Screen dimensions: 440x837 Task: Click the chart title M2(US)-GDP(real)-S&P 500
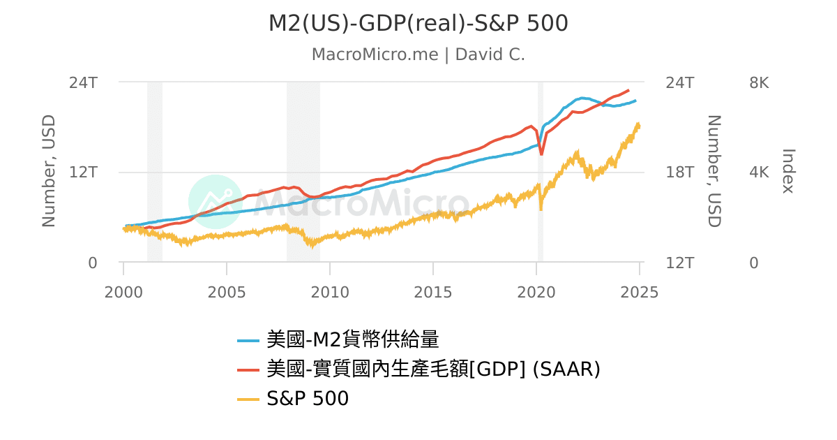pos(418,24)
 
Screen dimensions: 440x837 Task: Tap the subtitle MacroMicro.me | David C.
pos(418,54)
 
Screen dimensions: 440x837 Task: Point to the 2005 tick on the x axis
pos(227,291)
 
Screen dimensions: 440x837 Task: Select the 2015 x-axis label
pos(433,291)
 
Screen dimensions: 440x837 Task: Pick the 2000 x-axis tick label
pos(123,291)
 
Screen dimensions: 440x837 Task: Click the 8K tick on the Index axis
pos(758,82)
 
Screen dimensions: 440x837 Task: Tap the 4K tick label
pos(758,173)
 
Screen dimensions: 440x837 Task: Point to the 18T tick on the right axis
pos(680,173)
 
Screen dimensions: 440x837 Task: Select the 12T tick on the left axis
pos(83,173)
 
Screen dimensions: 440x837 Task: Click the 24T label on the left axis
pos(83,82)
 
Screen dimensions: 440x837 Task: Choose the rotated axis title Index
pos(788,171)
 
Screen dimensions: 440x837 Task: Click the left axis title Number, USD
pos(49,171)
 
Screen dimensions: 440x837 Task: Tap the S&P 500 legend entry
pos(307,399)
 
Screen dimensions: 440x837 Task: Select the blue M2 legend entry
pos(352,340)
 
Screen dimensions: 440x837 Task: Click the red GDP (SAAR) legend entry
pos(432,369)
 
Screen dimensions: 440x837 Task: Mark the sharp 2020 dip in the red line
pos(541,154)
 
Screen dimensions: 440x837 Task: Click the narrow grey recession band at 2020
pos(540,210)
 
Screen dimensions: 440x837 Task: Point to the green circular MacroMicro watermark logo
pos(216,202)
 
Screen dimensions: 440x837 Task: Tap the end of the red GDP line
pos(629,90)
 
